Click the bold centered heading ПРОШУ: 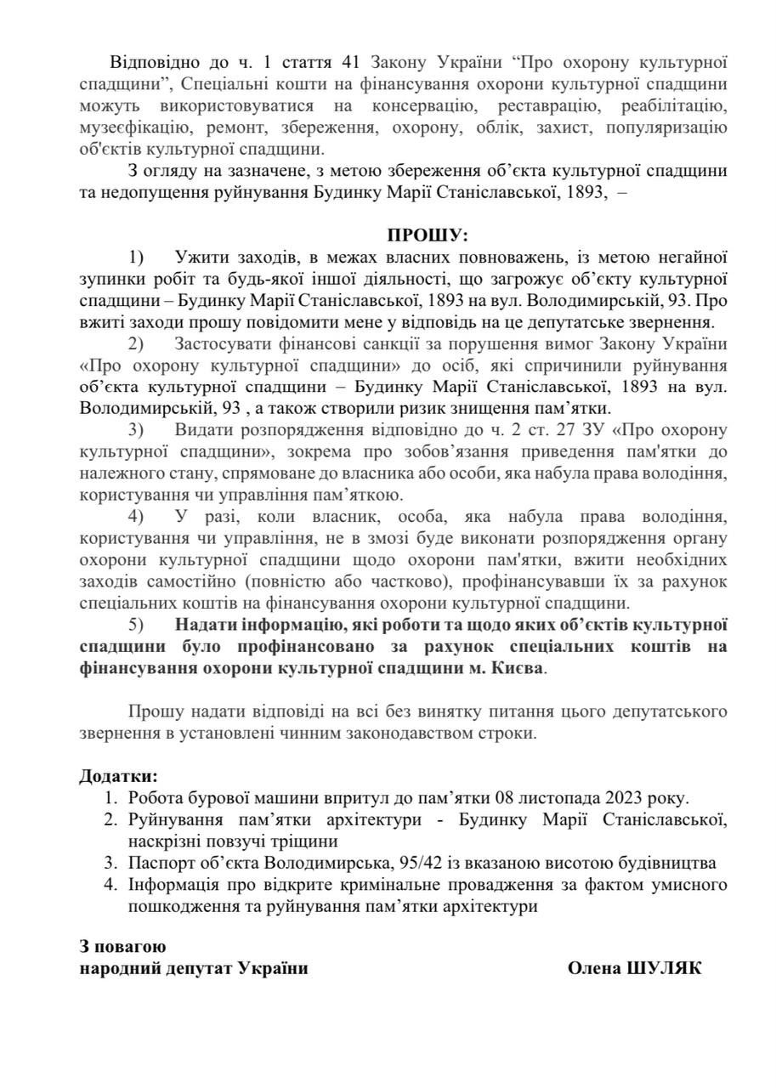(428, 235)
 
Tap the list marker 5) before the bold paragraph (136, 623)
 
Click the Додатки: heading (118, 776)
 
